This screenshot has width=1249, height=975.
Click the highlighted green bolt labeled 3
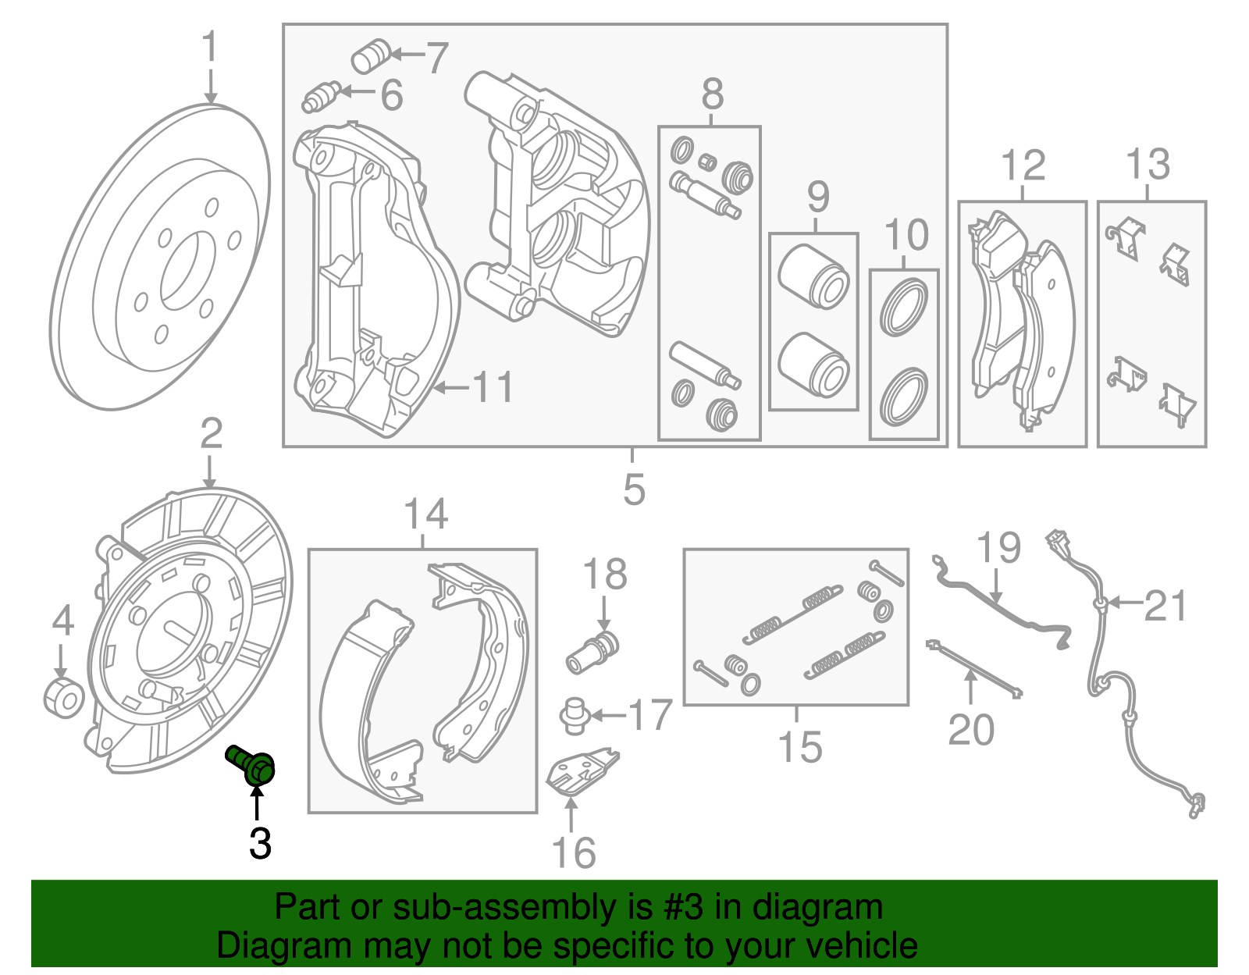(252, 764)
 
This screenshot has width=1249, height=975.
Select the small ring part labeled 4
(62, 698)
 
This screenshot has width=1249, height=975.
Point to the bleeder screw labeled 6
(320, 97)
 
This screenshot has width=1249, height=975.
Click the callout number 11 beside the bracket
(494, 387)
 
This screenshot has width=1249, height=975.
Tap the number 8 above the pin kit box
(712, 95)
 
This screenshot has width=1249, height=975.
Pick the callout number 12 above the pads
(1022, 165)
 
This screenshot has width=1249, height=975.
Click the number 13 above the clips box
(1148, 165)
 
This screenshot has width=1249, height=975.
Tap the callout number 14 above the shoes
(425, 514)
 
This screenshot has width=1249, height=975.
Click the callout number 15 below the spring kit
(800, 747)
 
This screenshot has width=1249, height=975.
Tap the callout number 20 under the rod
(971, 730)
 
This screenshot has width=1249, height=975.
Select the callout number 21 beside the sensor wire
(1165, 607)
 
